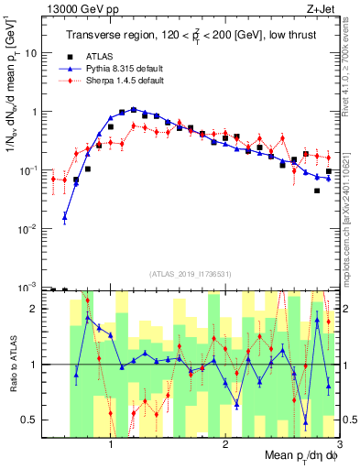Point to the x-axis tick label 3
click(x=339, y=445)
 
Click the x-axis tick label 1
click(x=111, y=445)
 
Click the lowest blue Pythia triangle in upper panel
click(x=64, y=217)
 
